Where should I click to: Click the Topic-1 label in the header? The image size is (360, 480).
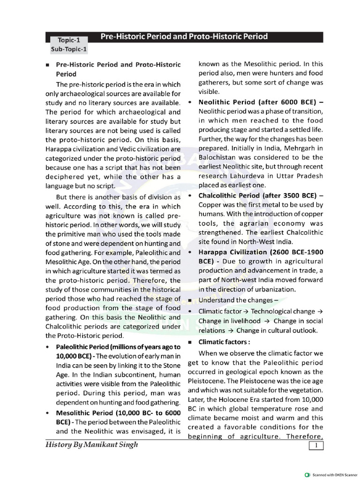[68, 40]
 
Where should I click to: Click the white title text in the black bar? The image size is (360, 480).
[184, 37]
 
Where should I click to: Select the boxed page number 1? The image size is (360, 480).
[317, 445]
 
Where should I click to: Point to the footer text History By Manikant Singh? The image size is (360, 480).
[92, 445]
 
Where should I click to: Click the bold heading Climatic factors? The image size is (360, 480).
[224, 342]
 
